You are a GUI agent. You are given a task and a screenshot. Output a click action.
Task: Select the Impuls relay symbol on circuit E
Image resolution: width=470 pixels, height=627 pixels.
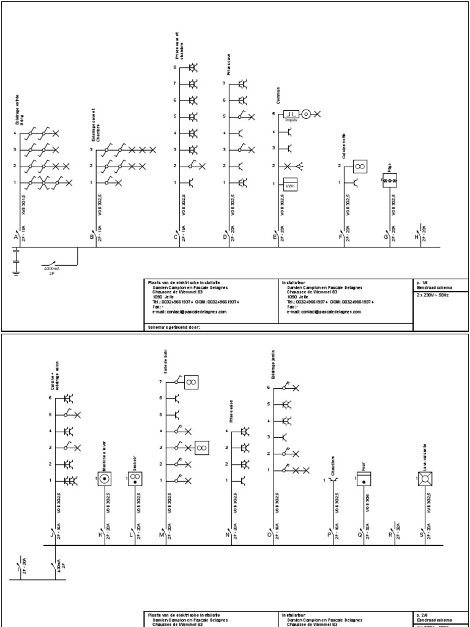pos(291,113)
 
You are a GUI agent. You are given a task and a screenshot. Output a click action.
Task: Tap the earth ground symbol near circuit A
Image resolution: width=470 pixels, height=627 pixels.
pos(16,272)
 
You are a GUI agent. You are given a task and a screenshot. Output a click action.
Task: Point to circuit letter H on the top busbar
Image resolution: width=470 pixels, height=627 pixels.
pos(416,237)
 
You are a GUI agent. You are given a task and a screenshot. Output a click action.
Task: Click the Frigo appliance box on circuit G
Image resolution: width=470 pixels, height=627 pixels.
pos(390,180)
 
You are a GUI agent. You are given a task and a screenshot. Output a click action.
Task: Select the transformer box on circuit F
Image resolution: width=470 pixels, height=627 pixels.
pos(360,167)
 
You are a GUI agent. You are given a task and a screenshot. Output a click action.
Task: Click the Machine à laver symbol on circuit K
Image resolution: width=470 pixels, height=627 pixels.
pos(105,479)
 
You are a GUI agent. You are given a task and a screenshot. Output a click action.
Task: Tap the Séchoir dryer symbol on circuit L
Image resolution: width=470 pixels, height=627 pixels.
pos(136,479)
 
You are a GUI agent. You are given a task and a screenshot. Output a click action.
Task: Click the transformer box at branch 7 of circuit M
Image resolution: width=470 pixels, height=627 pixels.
pos(191,382)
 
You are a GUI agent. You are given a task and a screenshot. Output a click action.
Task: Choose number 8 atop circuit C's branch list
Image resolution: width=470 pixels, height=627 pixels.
pos(174,67)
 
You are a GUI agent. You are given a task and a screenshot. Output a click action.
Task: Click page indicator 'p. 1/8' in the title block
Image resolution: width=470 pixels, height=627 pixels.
pos(422,282)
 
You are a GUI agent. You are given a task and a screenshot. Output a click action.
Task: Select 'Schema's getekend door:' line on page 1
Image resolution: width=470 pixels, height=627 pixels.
pos(174,327)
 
